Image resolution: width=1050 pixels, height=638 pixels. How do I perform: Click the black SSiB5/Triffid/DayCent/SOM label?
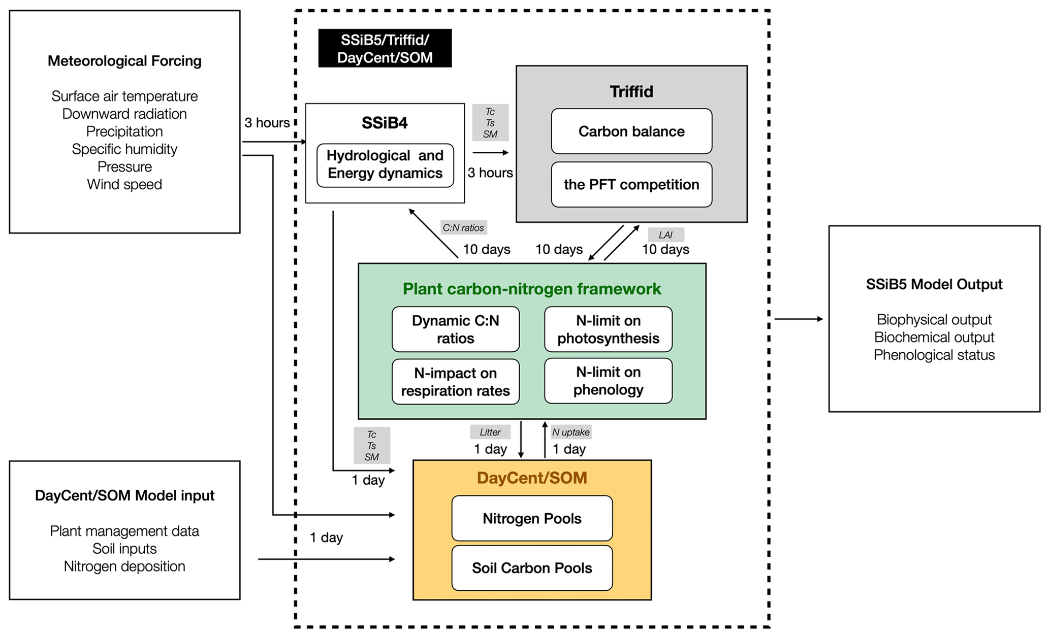coord(385,48)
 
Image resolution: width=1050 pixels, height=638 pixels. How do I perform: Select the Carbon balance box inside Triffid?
coord(631,131)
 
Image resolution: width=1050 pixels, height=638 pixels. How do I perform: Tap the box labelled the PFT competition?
coord(631,184)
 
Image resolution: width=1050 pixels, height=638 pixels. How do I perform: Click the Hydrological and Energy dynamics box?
coord(385,165)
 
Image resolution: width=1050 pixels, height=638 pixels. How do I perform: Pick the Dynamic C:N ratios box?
coord(455,329)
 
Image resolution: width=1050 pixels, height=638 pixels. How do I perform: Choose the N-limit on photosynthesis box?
coord(608,329)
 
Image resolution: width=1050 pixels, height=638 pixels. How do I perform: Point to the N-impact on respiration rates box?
coord(455,382)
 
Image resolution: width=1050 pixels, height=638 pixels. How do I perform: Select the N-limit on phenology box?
coord(608,381)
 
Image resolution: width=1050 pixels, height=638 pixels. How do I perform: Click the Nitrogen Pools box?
coord(532,518)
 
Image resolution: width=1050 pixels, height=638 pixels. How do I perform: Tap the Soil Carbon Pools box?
coord(532,567)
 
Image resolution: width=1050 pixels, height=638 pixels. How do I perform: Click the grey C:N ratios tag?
coord(463,228)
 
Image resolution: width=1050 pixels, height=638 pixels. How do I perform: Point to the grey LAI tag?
coord(665,235)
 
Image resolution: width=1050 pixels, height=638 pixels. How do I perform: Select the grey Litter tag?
coord(490,432)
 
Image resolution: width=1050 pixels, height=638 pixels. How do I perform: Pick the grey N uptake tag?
coord(571,432)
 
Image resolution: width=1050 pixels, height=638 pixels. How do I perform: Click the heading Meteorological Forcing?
coord(124,61)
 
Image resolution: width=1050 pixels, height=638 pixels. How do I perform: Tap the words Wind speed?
coord(124,184)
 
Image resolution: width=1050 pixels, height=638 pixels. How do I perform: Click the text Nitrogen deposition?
coord(124,566)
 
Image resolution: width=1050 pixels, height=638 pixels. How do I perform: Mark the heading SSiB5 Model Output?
coord(934,284)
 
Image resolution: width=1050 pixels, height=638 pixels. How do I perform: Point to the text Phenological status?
coord(934,355)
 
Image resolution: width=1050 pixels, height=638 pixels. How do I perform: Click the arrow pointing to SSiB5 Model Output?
coord(799,319)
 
